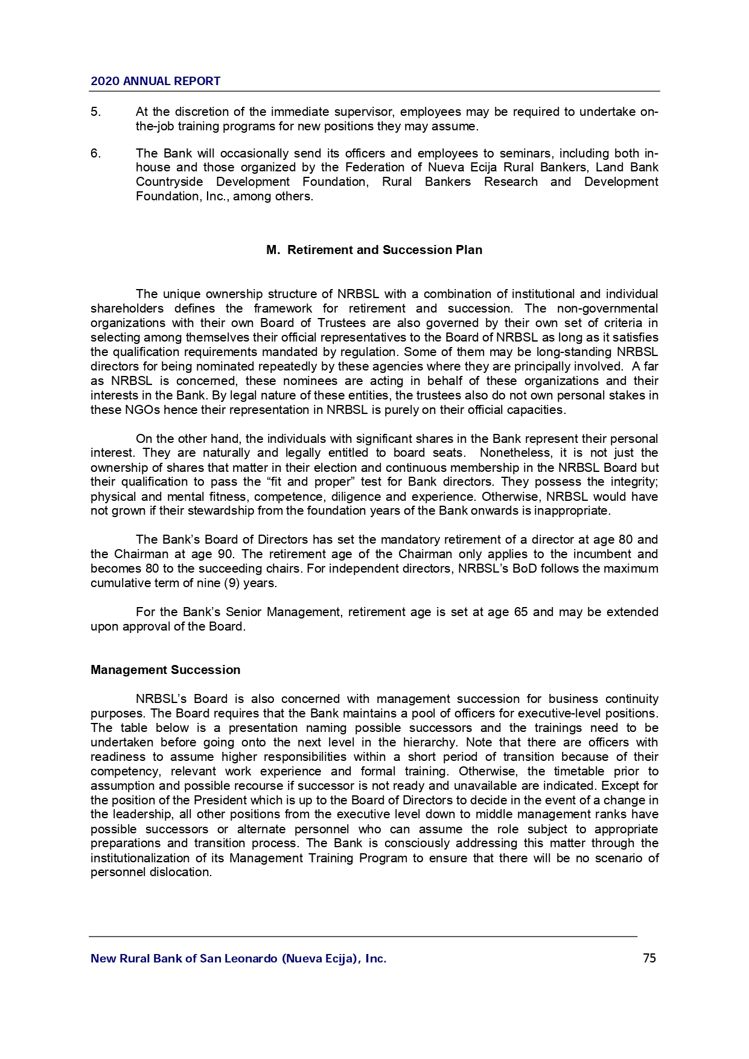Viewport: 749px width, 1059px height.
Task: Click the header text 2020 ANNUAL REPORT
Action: (x=155, y=81)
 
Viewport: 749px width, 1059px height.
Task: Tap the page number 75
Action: (x=649, y=958)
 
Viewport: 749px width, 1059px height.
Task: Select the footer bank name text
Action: (x=238, y=958)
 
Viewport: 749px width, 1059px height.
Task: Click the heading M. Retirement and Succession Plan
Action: (x=374, y=250)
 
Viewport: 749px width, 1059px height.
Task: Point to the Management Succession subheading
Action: (x=165, y=670)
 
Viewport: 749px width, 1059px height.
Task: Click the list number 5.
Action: (x=95, y=112)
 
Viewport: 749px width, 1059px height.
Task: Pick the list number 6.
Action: (x=95, y=153)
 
